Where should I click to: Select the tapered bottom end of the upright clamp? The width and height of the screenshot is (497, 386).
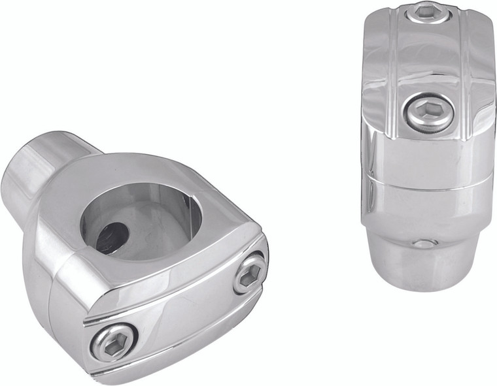point(419,261)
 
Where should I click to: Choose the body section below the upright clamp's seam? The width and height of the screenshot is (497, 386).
point(425,209)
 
